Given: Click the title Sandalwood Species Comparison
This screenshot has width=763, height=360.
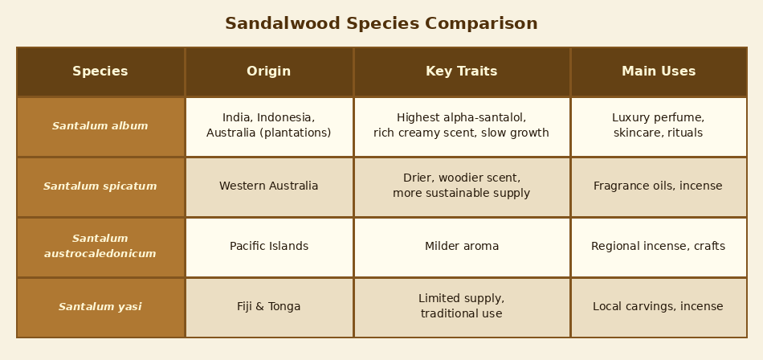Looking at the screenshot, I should (x=381, y=24).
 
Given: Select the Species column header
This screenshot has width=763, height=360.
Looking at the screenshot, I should (x=100, y=72).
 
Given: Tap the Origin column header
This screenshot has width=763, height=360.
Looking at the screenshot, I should (x=269, y=72).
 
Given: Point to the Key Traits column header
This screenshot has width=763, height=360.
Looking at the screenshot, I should (x=462, y=72).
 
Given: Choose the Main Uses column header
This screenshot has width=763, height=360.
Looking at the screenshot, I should (x=659, y=72).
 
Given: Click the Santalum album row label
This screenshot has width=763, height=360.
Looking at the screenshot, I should (x=100, y=126).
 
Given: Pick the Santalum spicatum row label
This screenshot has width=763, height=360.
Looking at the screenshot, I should (x=100, y=186).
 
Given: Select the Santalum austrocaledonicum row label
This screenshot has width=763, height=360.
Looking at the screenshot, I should (x=100, y=247).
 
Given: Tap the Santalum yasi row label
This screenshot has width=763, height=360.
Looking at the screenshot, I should (x=100, y=307).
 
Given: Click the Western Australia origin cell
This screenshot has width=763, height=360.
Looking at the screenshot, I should (x=269, y=186).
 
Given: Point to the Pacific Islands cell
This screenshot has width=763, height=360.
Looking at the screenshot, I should (x=269, y=247).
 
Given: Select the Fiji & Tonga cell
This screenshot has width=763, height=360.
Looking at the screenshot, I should (x=269, y=307).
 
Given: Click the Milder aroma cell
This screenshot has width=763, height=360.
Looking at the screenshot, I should (x=462, y=247).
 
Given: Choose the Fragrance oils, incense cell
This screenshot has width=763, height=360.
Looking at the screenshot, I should (x=658, y=186).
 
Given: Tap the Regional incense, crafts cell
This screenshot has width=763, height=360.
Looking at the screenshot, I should (x=658, y=247).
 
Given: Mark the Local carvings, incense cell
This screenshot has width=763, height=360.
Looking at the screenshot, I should (x=658, y=307).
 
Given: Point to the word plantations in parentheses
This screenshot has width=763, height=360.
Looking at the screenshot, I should (x=297, y=133).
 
